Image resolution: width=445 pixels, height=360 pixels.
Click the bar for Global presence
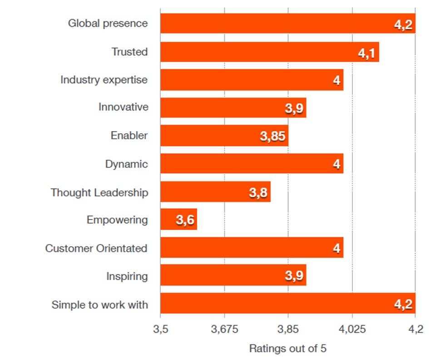coord(287,23)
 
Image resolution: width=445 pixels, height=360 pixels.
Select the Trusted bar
coord(269,52)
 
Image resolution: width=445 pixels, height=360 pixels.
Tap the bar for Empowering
coord(178,220)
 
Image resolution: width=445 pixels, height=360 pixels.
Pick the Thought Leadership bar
coord(215,192)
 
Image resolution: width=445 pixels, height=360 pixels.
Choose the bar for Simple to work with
coord(287,303)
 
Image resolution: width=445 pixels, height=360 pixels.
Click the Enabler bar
coord(224,135)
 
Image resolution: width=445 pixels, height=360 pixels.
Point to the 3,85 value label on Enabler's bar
coord(273,136)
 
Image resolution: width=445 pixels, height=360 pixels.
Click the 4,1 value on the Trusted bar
coord(366,53)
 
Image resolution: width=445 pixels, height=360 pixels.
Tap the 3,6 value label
coord(185,220)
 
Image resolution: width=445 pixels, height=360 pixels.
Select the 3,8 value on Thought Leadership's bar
coord(258,193)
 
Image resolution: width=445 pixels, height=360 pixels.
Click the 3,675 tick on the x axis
coord(224,329)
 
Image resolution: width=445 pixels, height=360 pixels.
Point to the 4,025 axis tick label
coord(352,329)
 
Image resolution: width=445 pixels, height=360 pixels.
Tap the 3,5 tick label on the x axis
coord(160,329)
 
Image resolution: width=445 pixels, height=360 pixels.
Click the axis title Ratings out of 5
coord(287,349)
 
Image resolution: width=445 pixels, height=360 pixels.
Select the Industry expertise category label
coord(104,80)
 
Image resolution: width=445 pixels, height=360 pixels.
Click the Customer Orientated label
coord(96,249)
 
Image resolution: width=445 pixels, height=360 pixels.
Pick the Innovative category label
coord(123,107)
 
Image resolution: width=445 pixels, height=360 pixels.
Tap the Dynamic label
coord(126,164)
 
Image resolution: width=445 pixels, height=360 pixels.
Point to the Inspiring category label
coord(127,276)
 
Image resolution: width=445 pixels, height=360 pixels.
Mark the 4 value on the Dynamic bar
coord(336,164)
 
